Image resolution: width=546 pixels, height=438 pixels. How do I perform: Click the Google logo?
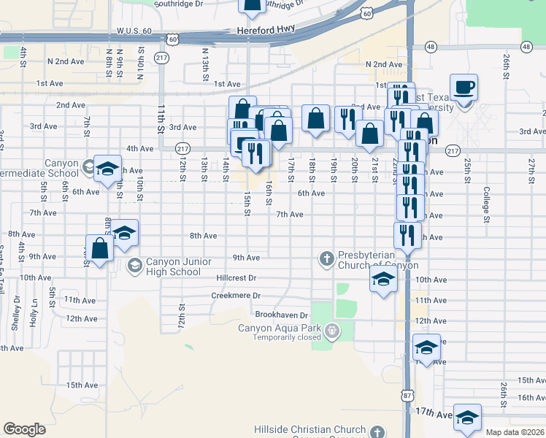click(x=24, y=429)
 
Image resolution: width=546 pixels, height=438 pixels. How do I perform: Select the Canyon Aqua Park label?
click(x=280, y=328)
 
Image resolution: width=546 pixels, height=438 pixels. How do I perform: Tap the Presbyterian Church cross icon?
click(x=326, y=257)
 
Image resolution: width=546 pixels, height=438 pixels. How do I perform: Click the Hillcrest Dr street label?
click(x=237, y=278)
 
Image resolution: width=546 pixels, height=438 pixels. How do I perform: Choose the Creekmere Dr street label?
click(x=236, y=296)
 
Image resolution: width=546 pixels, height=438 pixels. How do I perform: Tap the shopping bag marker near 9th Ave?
click(x=100, y=248)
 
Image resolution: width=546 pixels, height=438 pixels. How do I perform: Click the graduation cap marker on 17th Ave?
click(x=467, y=417)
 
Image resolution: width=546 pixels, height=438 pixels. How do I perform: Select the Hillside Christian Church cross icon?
click(x=377, y=431)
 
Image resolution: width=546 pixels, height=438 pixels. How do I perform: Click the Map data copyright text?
click(x=515, y=432)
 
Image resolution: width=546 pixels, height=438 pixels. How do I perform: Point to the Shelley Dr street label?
click(x=16, y=312)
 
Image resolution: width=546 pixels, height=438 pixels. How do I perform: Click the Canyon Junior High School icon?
click(x=134, y=264)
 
